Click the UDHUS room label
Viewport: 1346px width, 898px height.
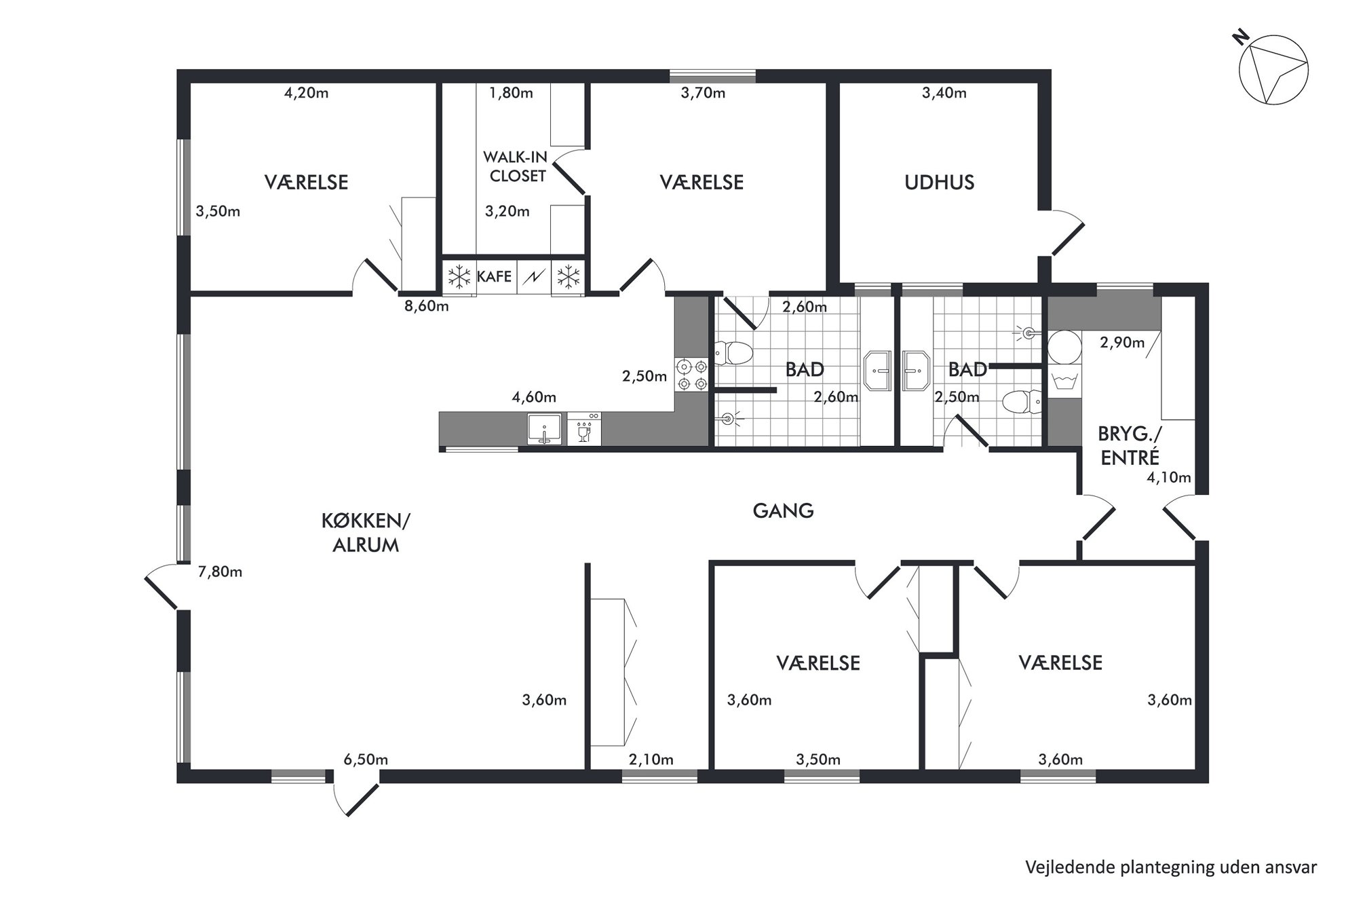coord(939,182)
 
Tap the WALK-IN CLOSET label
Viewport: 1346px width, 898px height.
coord(515,166)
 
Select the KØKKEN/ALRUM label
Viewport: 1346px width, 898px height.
coord(366,533)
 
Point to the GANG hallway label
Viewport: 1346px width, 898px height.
coord(783,510)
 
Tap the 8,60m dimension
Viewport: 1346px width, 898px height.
coord(427,305)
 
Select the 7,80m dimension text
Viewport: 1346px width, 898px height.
coord(220,572)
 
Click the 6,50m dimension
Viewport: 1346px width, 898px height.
coord(366,759)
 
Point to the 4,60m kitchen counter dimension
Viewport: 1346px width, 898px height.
coord(534,396)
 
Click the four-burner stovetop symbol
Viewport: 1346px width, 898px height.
coord(691,375)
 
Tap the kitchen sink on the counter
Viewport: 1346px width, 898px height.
coord(545,429)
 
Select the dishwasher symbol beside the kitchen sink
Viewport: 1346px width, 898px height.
coord(583,429)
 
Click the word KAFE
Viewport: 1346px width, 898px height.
coord(495,276)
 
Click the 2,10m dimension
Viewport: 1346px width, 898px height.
coord(651,759)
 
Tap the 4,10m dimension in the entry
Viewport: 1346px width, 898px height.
coord(1169,477)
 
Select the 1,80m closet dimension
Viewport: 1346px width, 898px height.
coord(511,92)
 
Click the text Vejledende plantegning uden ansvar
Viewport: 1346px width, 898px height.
coord(1171,867)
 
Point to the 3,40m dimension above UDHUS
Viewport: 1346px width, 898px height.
coord(944,92)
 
